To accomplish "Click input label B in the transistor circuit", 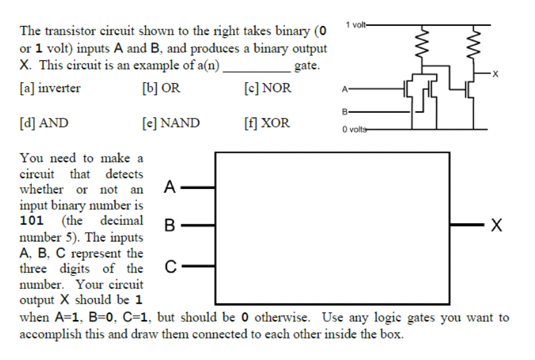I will click(344, 112).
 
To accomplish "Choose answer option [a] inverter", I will click(50, 88).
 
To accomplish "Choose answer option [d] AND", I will click(44, 123).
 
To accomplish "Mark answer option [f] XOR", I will click(266, 123).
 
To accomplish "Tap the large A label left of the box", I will click(169, 187).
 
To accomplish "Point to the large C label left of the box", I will click(169, 266).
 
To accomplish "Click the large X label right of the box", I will click(499, 226).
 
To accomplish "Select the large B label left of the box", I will click(169, 225).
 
